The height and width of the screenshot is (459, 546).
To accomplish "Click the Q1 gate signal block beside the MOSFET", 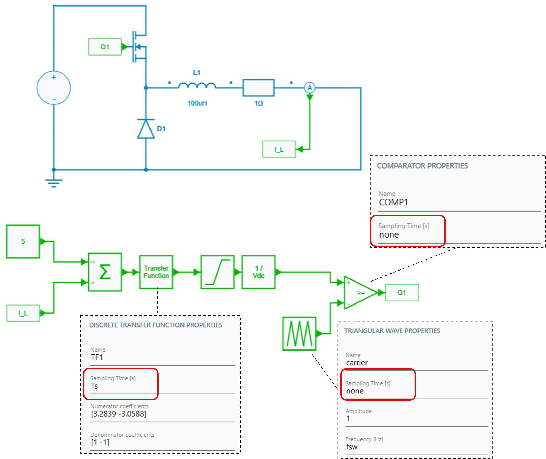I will pos(105,47).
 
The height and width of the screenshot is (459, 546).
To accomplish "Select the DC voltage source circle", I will pos(54,88).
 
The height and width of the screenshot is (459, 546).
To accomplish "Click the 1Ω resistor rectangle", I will pos(258,88).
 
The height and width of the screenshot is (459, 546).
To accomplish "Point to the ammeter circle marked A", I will pos(309,88).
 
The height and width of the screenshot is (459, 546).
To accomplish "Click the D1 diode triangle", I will pos(146,129).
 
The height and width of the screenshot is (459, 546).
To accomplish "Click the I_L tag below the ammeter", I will pos(279,149).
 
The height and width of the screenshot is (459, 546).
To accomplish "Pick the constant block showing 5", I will pos(23,241).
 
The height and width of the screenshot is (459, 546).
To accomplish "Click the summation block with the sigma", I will pos(105,272).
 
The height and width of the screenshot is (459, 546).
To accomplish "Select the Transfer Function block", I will pos(156,272).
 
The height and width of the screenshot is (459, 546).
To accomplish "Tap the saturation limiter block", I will pos(218,272).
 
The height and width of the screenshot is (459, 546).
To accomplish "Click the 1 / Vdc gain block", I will pos(258,272).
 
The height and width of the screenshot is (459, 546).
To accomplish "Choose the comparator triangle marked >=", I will pos(359,293).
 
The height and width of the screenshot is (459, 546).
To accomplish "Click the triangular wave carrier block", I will pos(299,333).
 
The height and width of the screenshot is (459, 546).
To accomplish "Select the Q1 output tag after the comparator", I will pos(401,293).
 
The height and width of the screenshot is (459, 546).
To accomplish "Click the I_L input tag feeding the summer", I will pos(23,313).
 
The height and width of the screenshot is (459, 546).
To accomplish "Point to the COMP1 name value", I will pos(393,202).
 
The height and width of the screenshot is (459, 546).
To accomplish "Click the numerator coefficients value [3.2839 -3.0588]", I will pos(119,414).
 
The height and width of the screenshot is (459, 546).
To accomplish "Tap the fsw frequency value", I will pos(352,447).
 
